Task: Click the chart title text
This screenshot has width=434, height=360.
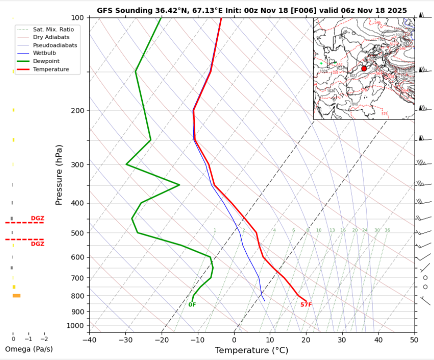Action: (x=252, y=10)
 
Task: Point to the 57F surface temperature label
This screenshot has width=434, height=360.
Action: (x=306, y=304)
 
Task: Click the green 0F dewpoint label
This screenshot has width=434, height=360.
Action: (x=192, y=304)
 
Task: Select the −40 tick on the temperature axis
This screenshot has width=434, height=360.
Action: (x=89, y=340)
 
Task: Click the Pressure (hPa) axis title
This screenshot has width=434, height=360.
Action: (x=59, y=174)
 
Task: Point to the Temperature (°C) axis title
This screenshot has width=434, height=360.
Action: (x=252, y=350)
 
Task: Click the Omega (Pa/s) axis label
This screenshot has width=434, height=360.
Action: (x=28, y=348)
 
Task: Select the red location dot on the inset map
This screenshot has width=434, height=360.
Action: (x=364, y=68)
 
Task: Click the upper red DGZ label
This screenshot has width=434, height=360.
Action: (x=37, y=218)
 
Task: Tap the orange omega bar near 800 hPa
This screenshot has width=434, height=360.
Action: (x=16, y=295)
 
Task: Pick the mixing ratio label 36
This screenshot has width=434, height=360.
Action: (x=387, y=230)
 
